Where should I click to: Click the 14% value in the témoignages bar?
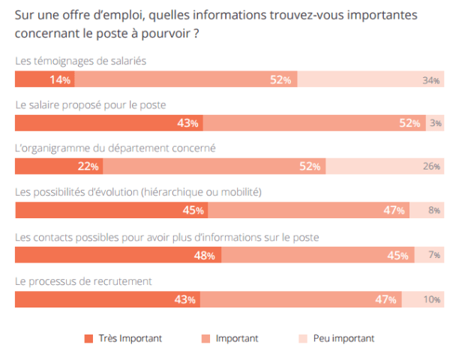pyautogui.click(x=60, y=80)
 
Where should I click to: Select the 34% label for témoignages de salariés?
pyautogui.click(x=430, y=80)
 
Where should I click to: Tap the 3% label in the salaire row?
pyautogui.click(x=436, y=123)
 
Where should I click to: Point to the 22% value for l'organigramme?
pyautogui.click(x=88, y=166)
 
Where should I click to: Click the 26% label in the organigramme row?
pyautogui.click(x=430, y=166)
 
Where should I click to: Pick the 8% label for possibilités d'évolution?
pyautogui.click(x=434, y=211)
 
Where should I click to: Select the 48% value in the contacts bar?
pyautogui.click(x=205, y=255)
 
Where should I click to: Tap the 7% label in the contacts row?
pyautogui.click(x=434, y=255)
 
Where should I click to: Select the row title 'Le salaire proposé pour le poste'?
pyautogui.click(x=90, y=105)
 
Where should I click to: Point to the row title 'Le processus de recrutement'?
pyautogui.click(x=84, y=281)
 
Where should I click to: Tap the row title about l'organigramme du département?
pyautogui.click(x=115, y=148)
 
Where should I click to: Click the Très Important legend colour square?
pyautogui.click(x=88, y=339)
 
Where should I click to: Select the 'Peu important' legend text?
pyautogui.click(x=343, y=339)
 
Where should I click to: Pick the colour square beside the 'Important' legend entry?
pyautogui.click(x=205, y=339)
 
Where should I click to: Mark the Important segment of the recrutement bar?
pyautogui.click(x=300, y=299)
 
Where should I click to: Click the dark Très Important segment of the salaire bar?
pyautogui.click(x=109, y=123)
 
